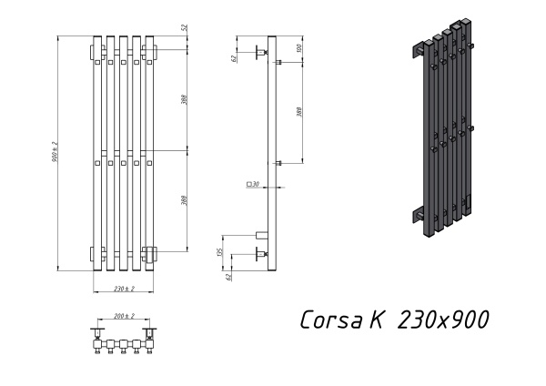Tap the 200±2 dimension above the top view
click(124, 316)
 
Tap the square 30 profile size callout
click(252, 185)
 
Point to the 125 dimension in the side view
click(220, 251)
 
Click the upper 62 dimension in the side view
click(233, 58)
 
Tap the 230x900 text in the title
click(444, 320)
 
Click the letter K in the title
click(376, 320)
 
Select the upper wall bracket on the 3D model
click(422, 53)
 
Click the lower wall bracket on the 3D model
click(420, 216)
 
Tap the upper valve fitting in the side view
click(261, 53)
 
